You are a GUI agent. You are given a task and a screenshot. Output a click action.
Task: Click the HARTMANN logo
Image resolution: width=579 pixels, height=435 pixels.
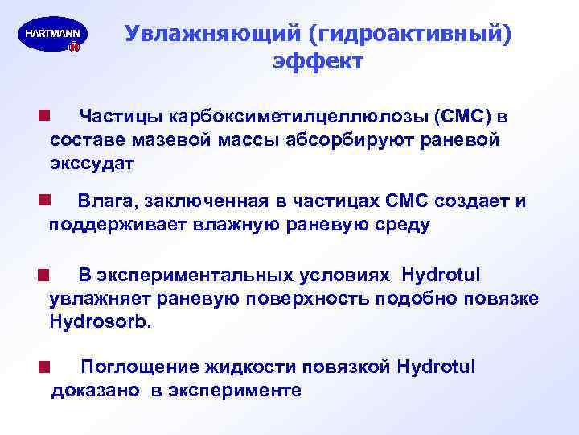click(x=52, y=37)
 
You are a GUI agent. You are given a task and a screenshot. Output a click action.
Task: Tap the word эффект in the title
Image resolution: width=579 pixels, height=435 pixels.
click(x=318, y=62)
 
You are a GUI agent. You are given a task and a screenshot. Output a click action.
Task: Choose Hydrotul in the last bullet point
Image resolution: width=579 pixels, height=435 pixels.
click(x=437, y=368)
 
